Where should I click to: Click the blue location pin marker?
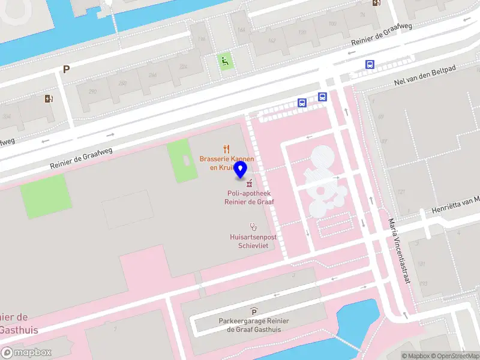241,170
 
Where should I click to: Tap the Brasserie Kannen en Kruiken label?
226,163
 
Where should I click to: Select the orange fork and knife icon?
226,148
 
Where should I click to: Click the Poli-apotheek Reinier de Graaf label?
248,198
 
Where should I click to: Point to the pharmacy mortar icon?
248,183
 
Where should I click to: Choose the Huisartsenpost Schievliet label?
253,241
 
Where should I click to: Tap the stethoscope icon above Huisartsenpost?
253,227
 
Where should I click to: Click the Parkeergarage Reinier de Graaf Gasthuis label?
254,325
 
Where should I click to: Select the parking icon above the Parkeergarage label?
254,311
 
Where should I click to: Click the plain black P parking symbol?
66,69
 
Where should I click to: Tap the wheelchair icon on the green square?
226,61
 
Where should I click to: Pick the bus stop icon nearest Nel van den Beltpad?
370,65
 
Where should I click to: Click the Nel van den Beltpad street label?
425,76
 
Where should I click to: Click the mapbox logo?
26,353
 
